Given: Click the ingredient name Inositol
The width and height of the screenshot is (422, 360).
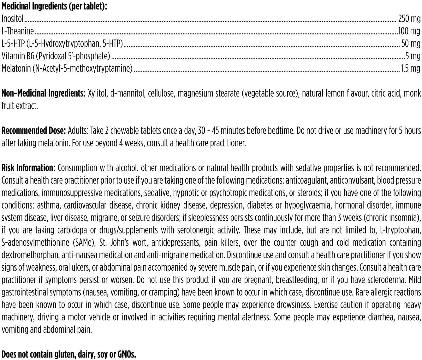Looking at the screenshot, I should click(x=13, y=19).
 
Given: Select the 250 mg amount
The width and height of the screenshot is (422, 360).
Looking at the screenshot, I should click(x=409, y=19).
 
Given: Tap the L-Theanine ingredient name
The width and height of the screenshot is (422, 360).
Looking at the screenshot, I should click(x=18, y=31).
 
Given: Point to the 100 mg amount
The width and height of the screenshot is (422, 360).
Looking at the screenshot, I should click(x=409, y=31).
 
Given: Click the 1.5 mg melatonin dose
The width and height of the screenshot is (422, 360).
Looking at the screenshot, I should click(x=410, y=68).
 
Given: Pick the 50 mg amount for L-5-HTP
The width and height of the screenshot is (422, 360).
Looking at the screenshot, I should click(x=411, y=43).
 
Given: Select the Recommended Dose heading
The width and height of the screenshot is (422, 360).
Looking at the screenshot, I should click(x=33, y=131).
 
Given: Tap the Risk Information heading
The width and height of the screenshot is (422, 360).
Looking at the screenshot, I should click(x=28, y=168).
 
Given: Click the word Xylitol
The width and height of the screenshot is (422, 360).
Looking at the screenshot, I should click(x=97, y=93).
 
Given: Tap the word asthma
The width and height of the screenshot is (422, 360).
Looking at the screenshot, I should click(x=48, y=205).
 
